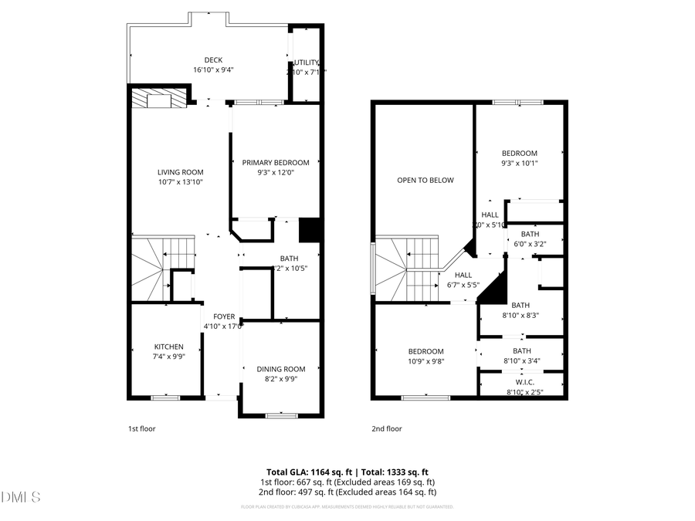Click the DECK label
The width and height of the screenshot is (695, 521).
coord(213,59)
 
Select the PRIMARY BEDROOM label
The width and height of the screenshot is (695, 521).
coord(276,162)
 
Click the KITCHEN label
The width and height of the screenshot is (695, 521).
coord(168,347)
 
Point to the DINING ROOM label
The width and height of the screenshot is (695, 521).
coord(281,369)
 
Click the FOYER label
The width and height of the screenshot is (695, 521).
coord(224,316)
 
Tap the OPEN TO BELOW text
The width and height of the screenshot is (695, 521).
coord(425,180)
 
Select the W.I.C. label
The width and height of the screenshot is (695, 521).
coord(524,382)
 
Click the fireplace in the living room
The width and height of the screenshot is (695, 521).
coord(158,99)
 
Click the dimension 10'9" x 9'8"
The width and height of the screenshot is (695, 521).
coord(425,361)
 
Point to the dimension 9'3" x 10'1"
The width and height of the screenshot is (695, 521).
coord(519,163)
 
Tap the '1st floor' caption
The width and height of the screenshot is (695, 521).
coord(141,428)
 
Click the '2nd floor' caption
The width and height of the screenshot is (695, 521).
coord(386,428)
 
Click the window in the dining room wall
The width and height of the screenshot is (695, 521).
coord(281,416)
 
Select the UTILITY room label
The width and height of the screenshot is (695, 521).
coord(306,63)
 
